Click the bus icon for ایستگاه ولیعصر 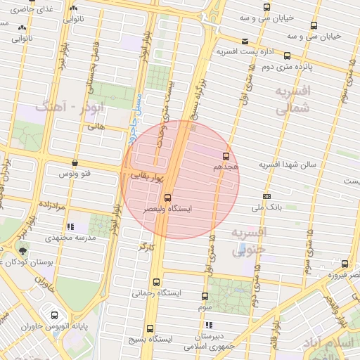167,198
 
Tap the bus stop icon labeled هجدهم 226,156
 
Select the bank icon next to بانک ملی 266,195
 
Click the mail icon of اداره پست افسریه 244,41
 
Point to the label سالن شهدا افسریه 288,165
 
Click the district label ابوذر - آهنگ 67,109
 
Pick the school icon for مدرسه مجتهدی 70,226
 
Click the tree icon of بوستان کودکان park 25,250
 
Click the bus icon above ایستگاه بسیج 150,328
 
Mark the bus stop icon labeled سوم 205,296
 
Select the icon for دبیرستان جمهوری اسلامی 209,325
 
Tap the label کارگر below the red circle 145,247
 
